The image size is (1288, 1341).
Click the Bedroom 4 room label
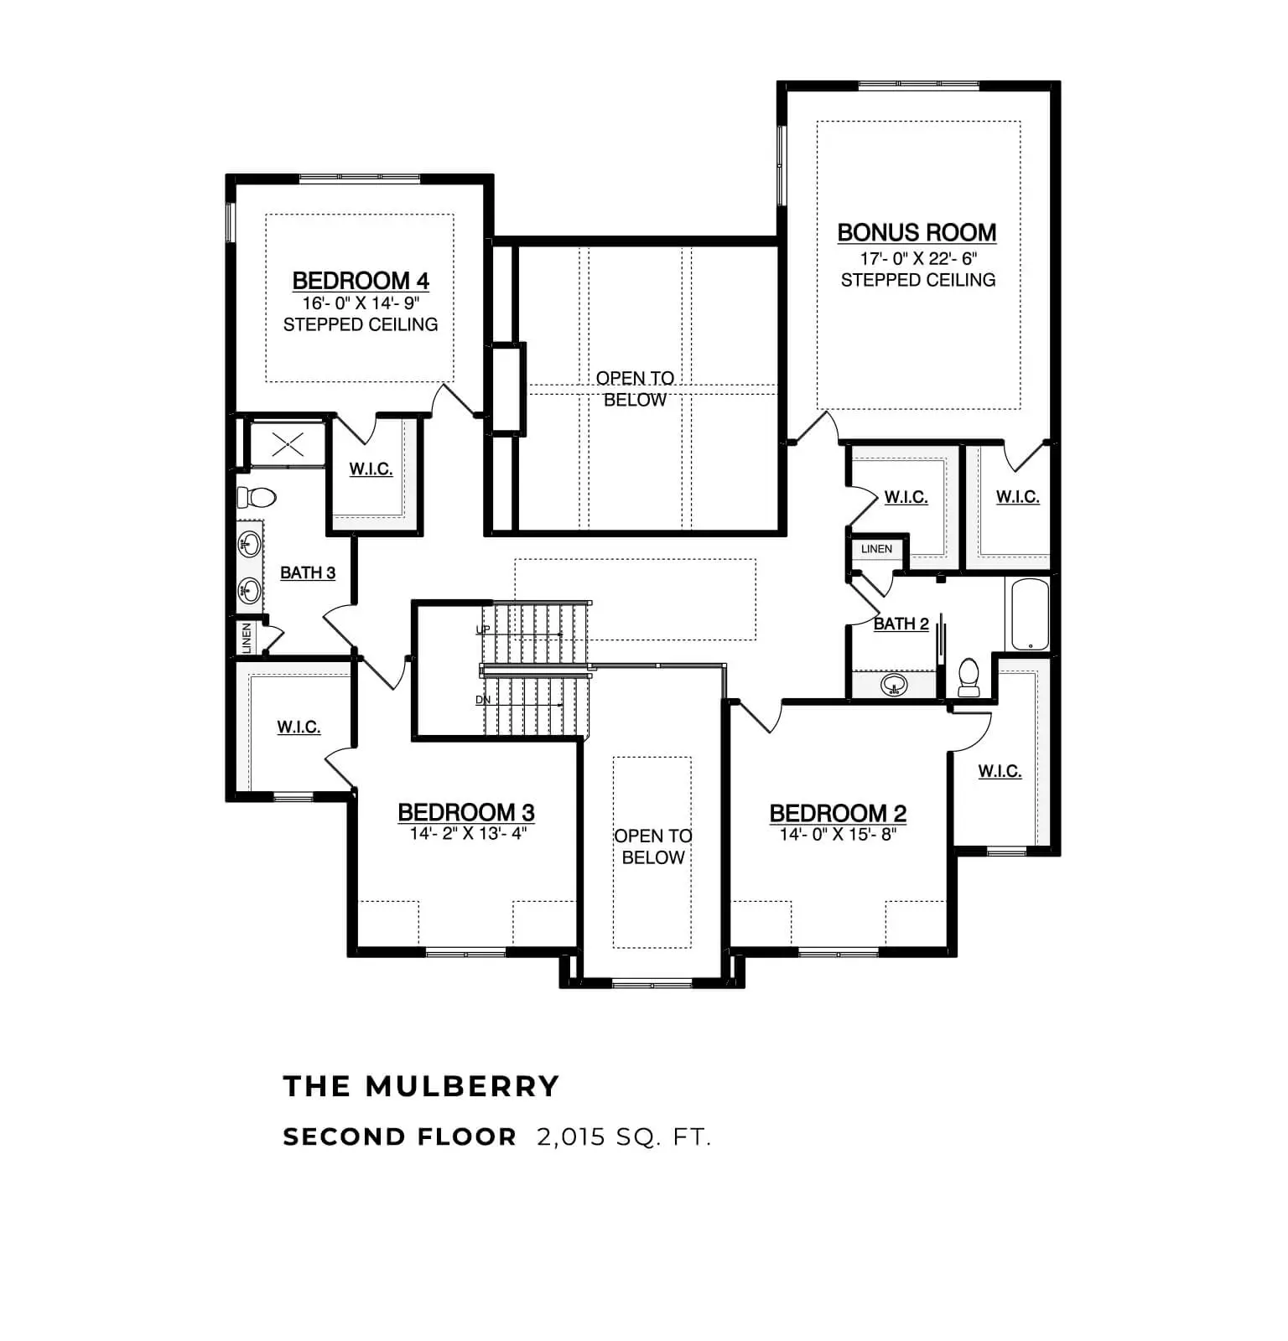click(361, 281)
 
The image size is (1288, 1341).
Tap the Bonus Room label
click(917, 232)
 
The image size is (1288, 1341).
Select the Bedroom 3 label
click(466, 812)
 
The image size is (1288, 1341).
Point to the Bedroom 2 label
click(838, 813)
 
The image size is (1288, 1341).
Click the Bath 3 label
click(308, 572)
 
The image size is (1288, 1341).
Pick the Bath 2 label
click(901, 624)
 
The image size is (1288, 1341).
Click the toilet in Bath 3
click(257, 498)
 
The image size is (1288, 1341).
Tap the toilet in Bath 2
click(969, 677)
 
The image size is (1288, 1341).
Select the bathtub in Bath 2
click(1030, 614)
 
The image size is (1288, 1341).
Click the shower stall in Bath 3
click(288, 444)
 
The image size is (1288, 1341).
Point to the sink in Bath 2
click(894, 685)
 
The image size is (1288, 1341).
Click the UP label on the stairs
click(483, 629)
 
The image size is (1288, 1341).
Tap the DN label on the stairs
click(483, 700)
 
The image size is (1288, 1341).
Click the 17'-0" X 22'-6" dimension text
click(918, 258)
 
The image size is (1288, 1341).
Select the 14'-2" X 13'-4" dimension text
click(468, 833)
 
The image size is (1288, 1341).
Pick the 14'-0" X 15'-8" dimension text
click(838, 834)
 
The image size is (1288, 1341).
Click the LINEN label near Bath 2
click(876, 549)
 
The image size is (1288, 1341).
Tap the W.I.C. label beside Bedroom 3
click(299, 727)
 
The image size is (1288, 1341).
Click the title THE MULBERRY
click(421, 1086)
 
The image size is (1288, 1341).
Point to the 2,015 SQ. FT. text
click(624, 1137)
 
